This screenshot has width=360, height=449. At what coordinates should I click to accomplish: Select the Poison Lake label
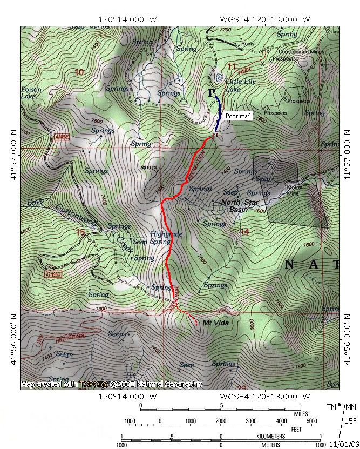[31, 93]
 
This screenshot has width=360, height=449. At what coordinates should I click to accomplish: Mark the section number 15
[80, 232]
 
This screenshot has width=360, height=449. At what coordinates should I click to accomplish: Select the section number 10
[79, 72]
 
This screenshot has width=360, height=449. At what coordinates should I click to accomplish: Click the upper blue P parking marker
[212, 93]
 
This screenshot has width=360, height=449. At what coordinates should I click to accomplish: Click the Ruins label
[248, 43]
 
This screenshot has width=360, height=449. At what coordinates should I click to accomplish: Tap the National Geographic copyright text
[111, 384]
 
